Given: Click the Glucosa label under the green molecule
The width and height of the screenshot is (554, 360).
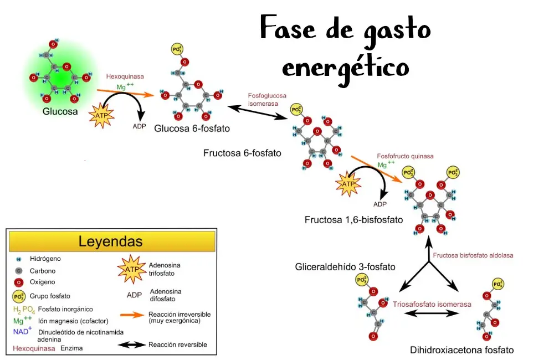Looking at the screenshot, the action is [60, 111].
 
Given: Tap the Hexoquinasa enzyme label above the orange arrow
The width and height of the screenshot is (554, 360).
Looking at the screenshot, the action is [125, 76].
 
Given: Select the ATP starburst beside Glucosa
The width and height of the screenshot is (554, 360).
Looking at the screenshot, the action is [101, 115].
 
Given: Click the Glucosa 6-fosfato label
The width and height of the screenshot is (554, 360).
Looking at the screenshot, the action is [192, 128].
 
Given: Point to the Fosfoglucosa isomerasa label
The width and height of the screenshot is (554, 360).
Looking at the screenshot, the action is [267, 100].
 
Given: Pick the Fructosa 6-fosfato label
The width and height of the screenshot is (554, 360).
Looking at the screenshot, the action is [243, 153].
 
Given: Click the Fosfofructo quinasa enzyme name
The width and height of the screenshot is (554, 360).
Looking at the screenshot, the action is [406, 156].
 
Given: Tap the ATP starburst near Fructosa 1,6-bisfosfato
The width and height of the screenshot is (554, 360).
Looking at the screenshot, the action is [348, 184].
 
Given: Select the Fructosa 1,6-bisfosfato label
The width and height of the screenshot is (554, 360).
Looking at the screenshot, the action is [353, 220].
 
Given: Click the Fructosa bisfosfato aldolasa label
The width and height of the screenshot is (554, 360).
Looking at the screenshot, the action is [473, 255].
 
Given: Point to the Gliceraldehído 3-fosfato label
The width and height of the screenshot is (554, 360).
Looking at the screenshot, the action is [345, 267].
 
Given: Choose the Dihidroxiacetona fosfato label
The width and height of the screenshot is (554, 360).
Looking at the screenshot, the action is [462, 350].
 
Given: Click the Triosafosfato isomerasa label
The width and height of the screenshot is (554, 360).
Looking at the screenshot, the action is [432, 304].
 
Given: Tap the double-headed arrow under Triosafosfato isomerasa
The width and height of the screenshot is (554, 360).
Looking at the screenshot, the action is [432, 313].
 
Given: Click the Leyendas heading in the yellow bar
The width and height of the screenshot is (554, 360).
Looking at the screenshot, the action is [111, 241].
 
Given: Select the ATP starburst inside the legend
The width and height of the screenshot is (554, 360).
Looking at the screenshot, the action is [132, 269].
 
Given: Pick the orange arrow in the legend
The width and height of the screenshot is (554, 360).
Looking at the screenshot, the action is [132, 315].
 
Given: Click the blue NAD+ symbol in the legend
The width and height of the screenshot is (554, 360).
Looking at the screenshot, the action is [22, 331].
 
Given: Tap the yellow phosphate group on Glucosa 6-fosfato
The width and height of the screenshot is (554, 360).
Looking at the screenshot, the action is [177, 49].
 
